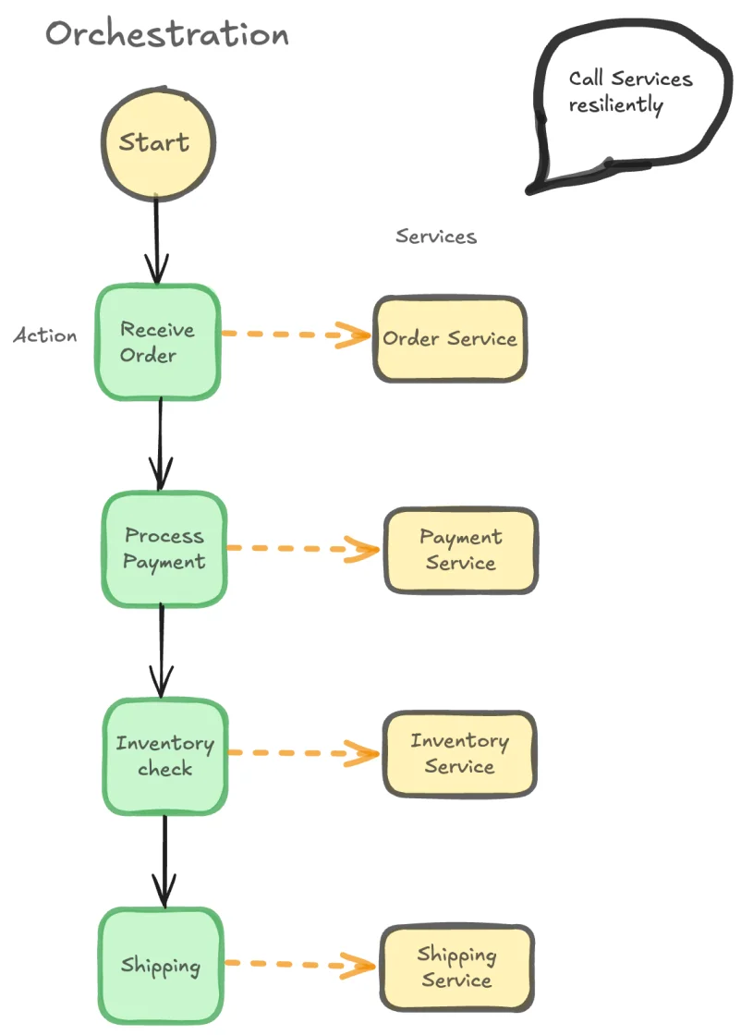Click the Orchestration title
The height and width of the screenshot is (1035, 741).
pyautogui.click(x=167, y=34)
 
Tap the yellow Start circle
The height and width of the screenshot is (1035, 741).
pyautogui.click(x=157, y=143)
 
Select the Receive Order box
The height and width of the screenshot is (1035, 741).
pyautogui.click(x=158, y=342)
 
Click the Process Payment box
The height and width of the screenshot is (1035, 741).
pyautogui.click(x=164, y=549)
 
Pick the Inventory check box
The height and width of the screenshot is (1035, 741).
pyautogui.click(x=164, y=756)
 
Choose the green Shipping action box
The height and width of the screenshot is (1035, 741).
pyautogui.click(x=161, y=966)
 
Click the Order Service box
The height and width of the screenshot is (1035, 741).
pyautogui.click(x=450, y=339)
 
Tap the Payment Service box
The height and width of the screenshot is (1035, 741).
pyautogui.click(x=460, y=550)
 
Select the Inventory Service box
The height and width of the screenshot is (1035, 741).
pyautogui.click(x=459, y=753)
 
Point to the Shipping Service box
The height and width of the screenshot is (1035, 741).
pyautogui.click(x=456, y=967)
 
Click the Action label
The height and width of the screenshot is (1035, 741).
pyautogui.click(x=45, y=335)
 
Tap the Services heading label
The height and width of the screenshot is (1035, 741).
pyautogui.click(x=436, y=237)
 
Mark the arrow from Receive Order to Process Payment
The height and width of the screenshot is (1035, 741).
pyautogui.click(x=161, y=444)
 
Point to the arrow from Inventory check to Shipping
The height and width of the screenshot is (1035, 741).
pyautogui.click(x=164, y=859)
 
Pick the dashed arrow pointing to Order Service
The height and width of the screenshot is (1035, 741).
pyautogui.click(x=296, y=335)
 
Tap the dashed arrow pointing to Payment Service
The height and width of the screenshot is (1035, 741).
pyautogui.click(x=303, y=549)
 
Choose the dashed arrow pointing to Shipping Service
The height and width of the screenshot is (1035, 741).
pyautogui.click(x=301, y=965)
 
